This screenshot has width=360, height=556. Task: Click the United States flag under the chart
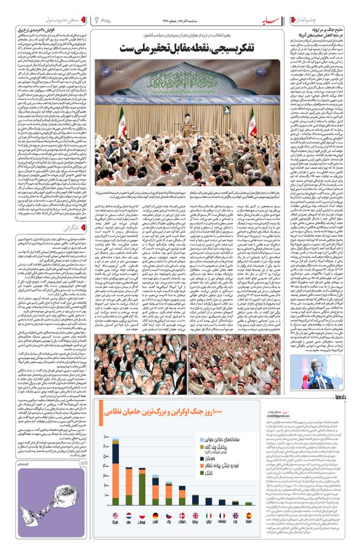pos(115,515)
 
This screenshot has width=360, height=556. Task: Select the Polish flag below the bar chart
pos(142,515)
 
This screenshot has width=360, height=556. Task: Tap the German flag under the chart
pos(156,515)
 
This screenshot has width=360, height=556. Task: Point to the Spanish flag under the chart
pos(249,515)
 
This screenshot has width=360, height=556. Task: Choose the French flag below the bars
pos(222,515)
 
